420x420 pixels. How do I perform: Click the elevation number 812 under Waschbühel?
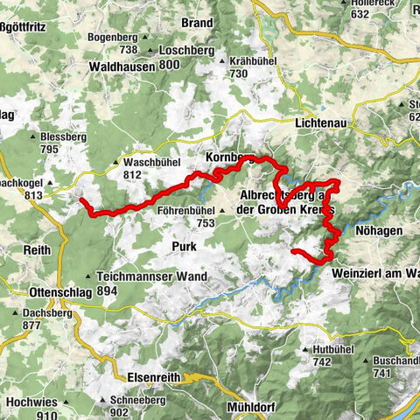(132, 174)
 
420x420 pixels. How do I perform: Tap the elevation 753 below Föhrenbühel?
(206, 223)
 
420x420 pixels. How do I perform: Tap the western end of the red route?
(81, 200)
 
